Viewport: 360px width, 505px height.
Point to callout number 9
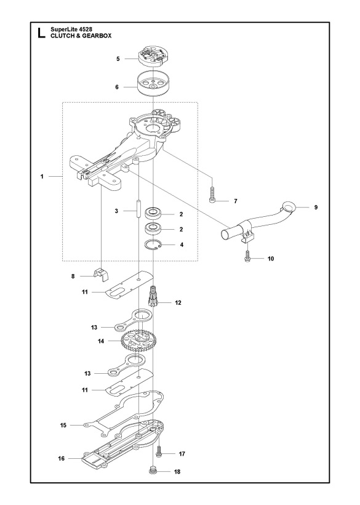[316, 208]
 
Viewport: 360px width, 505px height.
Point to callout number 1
[42, 177]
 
